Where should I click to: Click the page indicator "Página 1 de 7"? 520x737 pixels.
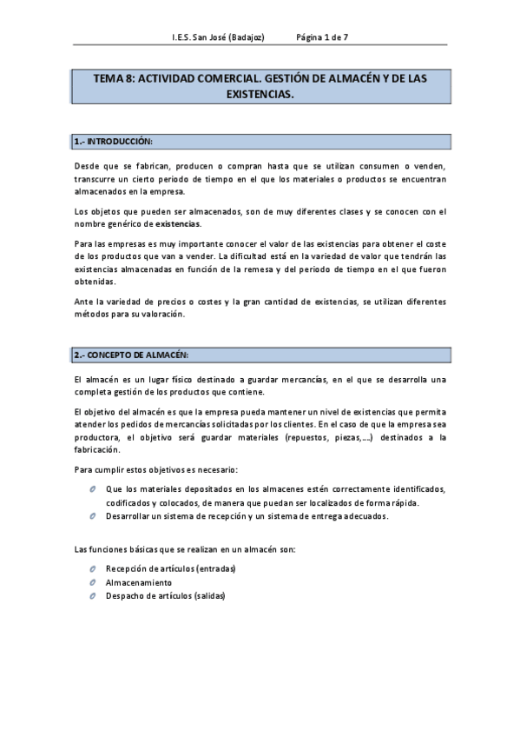(x=322, y=38)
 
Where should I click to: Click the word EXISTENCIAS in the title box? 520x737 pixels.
(x=260, y=93)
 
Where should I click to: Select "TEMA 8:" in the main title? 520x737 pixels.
(x=114, y=78)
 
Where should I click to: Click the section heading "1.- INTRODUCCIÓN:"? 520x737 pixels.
(x=114, y=141)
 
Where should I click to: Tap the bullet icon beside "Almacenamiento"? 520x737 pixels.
(x=92, y=582)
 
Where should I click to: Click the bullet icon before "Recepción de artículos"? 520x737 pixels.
(x=92, y=568)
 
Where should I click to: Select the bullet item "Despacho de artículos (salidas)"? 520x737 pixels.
(x=164, y=596)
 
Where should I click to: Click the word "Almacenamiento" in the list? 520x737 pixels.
(x=138, y=582)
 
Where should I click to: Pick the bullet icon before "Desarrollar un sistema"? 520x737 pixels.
(x=92, y=516)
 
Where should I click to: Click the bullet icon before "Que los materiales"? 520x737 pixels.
(x=92, y=489)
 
